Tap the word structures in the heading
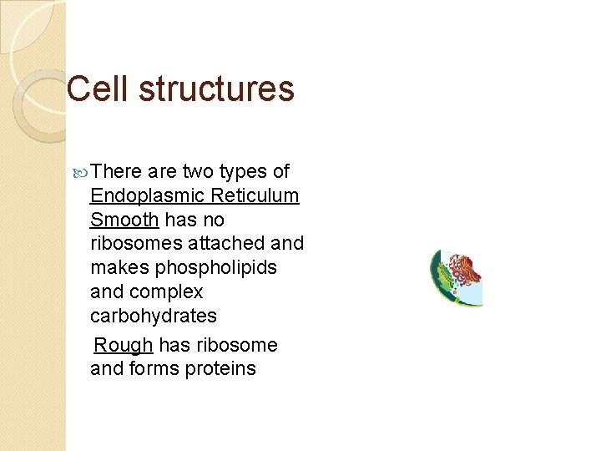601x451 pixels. pyautogui.click(x=217, y=89)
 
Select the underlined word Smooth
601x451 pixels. pyautogui.click(x=124, y=220)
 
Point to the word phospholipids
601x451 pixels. pyautogui.click(x=215, y=268)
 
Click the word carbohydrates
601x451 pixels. pyautogui.click(x=154, y=317)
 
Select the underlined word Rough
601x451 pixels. pyautogui.click(x=124, y=346)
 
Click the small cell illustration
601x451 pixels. pyautogui.click(x=456, y=277)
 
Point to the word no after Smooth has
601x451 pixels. pyautogui.click(x=214, y=220)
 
